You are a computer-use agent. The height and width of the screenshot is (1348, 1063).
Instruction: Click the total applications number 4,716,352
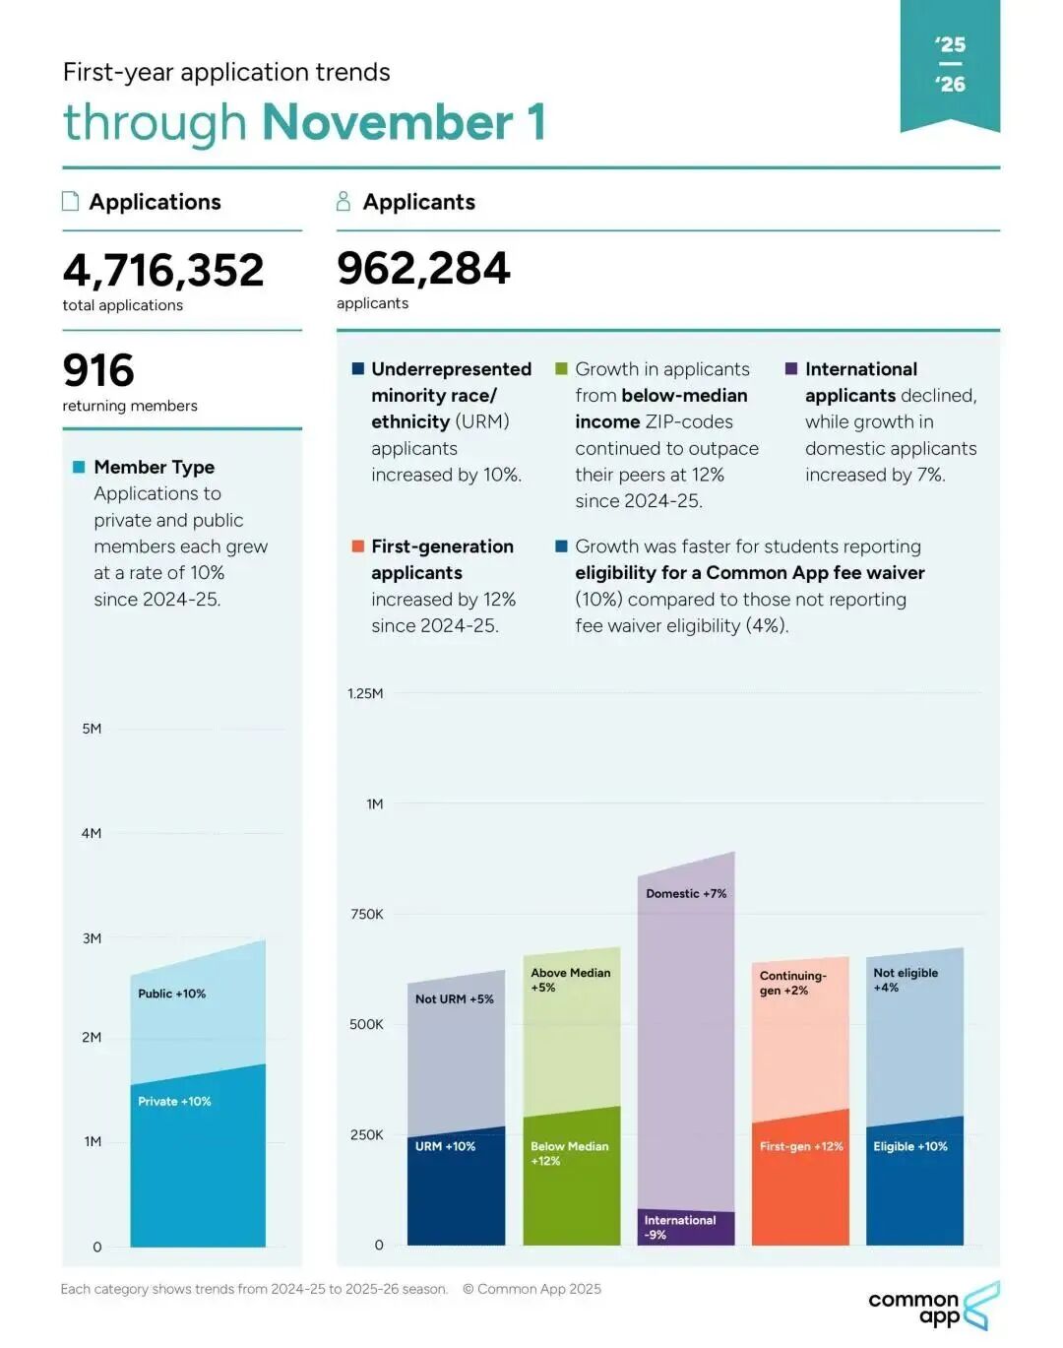(x=163, y=271)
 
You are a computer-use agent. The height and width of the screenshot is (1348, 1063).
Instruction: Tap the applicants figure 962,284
(x=423, y=269)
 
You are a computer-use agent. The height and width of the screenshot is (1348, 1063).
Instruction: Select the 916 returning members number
(x=98, y=371)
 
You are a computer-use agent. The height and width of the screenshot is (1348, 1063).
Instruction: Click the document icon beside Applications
(x=71, y=202)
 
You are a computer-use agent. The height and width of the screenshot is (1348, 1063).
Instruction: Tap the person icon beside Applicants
(x=344, y=202)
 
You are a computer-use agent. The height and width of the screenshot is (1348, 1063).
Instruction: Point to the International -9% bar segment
(x=686, y=1228)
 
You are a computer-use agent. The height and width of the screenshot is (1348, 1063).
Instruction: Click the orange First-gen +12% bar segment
(x=800, y=1182)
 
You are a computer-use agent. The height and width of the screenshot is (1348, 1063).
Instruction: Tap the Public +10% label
(x=172, y=994)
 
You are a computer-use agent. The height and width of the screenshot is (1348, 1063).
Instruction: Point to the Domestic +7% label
(x=686, y=894)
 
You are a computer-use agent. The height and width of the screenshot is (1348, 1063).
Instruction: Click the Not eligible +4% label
(x=906, y=980)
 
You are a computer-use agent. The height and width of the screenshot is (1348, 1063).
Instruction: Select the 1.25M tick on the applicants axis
(x=365, y=694)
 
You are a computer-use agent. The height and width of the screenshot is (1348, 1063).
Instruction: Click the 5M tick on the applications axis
(x=92, y=730)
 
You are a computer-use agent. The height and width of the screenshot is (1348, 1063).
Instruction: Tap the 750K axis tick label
(x=367, y=915)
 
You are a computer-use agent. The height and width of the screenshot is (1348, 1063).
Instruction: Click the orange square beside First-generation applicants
(x=358, y=546)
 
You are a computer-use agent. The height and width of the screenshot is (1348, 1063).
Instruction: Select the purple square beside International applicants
(x=791, y=369)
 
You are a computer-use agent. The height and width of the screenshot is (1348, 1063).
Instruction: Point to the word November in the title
(x=388, y=123)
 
